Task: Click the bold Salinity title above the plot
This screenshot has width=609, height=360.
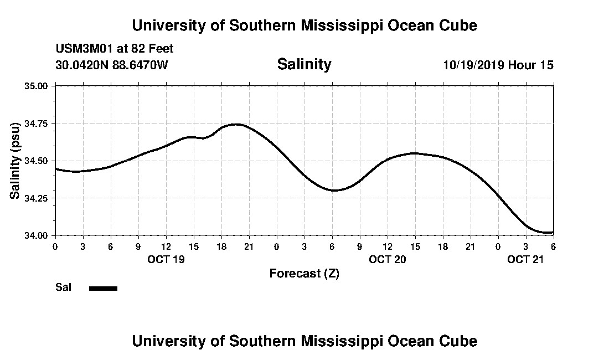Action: pyautogui.click(x=304, y=64)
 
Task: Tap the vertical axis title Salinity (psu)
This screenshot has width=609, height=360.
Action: pyautogui.click(x=15, y=160)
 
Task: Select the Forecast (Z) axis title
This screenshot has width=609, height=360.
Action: pyautogui.click(x=304, y=273)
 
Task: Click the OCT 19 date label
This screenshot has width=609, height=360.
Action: pyautogui.click(x=166, y=259)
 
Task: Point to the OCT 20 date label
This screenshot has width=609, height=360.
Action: pyautogui.click(x=388, y=259)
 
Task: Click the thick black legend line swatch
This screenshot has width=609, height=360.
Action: pyautogui.click(x=103, y=288)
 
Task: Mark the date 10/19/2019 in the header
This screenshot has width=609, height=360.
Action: pyautogui.click(x=473, y=65)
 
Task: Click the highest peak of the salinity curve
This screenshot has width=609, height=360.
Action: pyautogui.click(x=237, y=124)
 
